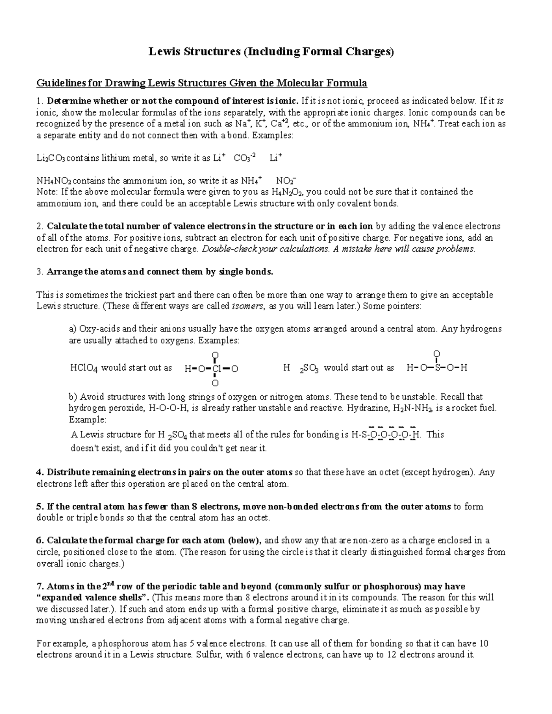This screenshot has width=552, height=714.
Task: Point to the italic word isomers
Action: pos(247,306)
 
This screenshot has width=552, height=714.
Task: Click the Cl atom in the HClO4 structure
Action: pos(218,369)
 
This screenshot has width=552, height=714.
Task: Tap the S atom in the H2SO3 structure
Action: pos(437,368)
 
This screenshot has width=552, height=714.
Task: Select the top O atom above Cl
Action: pos(215,355)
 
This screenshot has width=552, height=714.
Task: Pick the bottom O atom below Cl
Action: pos(215,383)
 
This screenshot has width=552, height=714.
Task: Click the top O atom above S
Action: pos(437,354)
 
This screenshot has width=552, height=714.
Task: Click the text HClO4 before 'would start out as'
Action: pos(83,368)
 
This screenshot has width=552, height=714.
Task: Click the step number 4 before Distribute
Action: pos(39,473)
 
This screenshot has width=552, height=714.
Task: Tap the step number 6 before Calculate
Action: pos(39,541)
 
